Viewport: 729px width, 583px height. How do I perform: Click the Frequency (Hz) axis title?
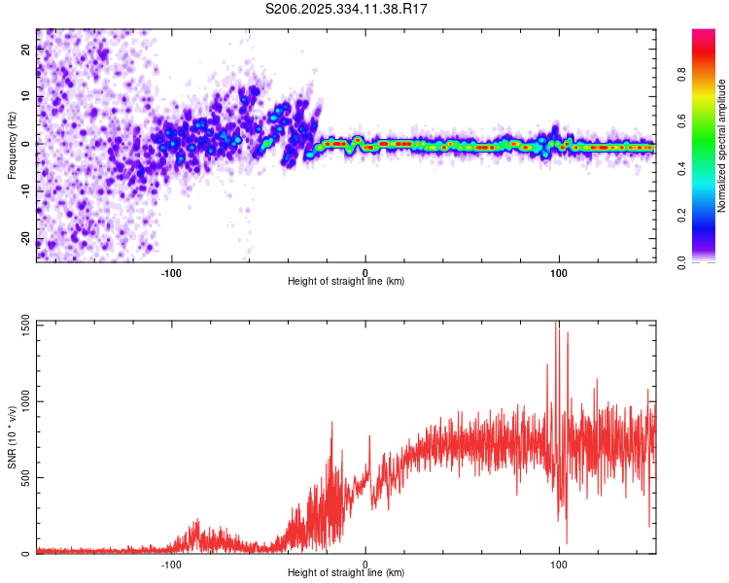(x=12, y=146)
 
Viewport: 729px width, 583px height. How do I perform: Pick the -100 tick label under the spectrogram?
(x=172, y=272)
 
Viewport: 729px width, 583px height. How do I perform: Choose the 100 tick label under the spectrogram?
(x=559, y=272)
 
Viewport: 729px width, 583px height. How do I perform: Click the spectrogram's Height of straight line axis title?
(x=346, y=282)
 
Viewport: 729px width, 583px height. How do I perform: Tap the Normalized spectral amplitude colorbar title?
(x=721, y=146)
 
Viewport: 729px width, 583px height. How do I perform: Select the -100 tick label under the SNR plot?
(x=172, y=564)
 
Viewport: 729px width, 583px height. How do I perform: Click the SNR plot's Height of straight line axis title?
(x=346, y=573)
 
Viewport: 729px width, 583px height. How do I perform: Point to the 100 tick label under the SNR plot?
(x=559, y=564)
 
